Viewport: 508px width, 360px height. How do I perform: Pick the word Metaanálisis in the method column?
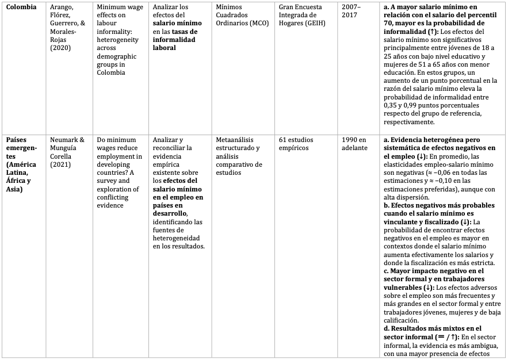tap(236, 140)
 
